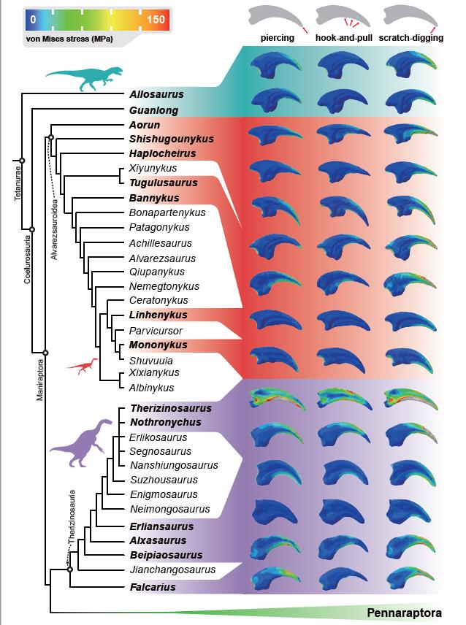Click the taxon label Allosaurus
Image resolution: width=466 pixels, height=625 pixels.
(156, 95)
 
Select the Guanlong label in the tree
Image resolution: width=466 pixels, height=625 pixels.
(153, 110)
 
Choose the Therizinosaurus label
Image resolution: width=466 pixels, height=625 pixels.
(170, 409)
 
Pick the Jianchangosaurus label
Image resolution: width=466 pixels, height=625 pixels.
(172, 569)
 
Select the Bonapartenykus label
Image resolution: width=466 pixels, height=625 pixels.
(167, 212)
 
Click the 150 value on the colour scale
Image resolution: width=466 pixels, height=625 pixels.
(156, 20)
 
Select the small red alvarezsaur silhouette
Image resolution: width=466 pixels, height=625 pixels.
(81, 365)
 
